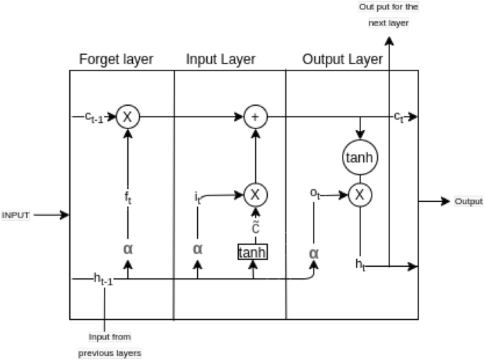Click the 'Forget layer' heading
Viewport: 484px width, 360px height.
tap(116, 59)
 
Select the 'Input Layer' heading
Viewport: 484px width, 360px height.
tap(220, 59)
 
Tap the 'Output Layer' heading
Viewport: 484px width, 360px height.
tap(342, 59)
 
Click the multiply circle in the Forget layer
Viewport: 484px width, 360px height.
tap(128, 117)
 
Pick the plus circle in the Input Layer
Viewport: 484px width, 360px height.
tap(255, 117)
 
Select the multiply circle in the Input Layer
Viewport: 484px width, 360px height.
tap(255, 193)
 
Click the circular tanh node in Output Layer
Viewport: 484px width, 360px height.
tap(360, 157)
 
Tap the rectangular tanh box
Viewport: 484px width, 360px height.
tap(253, 252)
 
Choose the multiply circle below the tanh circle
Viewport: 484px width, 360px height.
tap(360, 193)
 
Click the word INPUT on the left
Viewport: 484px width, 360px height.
tap(16, 215)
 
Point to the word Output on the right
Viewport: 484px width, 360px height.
tap(468, 201)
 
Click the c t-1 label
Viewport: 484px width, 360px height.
tap(94, 118)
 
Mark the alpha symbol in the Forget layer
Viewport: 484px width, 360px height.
tap(128, 248)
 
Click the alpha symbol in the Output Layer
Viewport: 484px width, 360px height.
tap(314, 252)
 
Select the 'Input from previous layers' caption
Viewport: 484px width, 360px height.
tap(109, 344)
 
